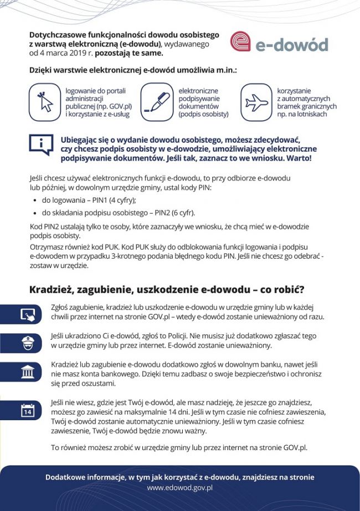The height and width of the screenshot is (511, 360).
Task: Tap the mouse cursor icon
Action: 44,102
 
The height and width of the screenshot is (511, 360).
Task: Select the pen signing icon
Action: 157,102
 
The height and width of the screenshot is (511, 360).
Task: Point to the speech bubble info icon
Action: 41,145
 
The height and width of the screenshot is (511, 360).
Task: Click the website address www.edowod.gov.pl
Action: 179,488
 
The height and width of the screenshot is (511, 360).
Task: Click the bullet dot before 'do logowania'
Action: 35,201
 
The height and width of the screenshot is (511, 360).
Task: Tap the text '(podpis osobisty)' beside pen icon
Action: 203,114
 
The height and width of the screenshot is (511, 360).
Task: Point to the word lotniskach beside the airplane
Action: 310,114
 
